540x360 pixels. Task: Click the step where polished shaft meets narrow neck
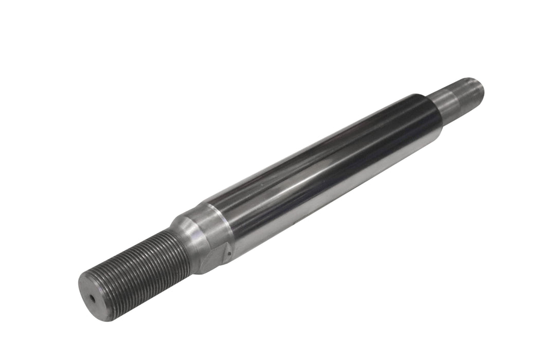point(435,111)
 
